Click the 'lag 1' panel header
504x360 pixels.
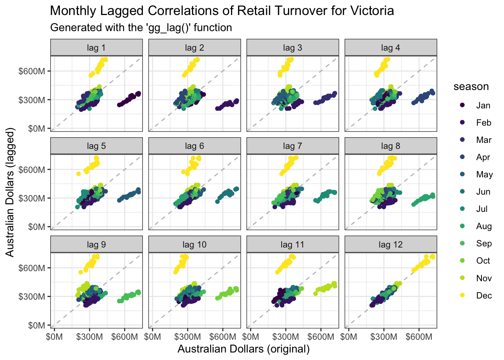pyautogui.click(x=96, y=48)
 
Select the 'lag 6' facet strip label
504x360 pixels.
pyautogui.click(x=194, y=146)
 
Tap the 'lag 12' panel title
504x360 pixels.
pyautogui.click(x=390, y=244)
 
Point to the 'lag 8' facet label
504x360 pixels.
pyautogui.click(x=390, y=146)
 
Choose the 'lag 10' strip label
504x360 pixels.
pyautogui.click(x=194, y=244)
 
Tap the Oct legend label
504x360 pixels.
pyautogui.click(x=483, y=261)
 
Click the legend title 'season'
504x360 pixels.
pyautogui.click(x=471, y=87)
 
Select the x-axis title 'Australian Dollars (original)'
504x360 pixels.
pyautogui.click(x=243, y=349)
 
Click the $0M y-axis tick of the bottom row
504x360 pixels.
pyautogui.click(x=37, y=325)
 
